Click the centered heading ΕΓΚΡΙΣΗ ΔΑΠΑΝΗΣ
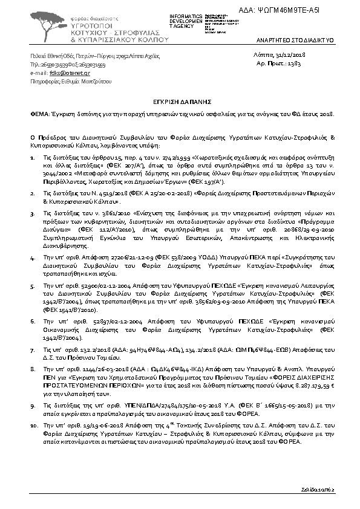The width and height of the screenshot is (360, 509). pos(180,103)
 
